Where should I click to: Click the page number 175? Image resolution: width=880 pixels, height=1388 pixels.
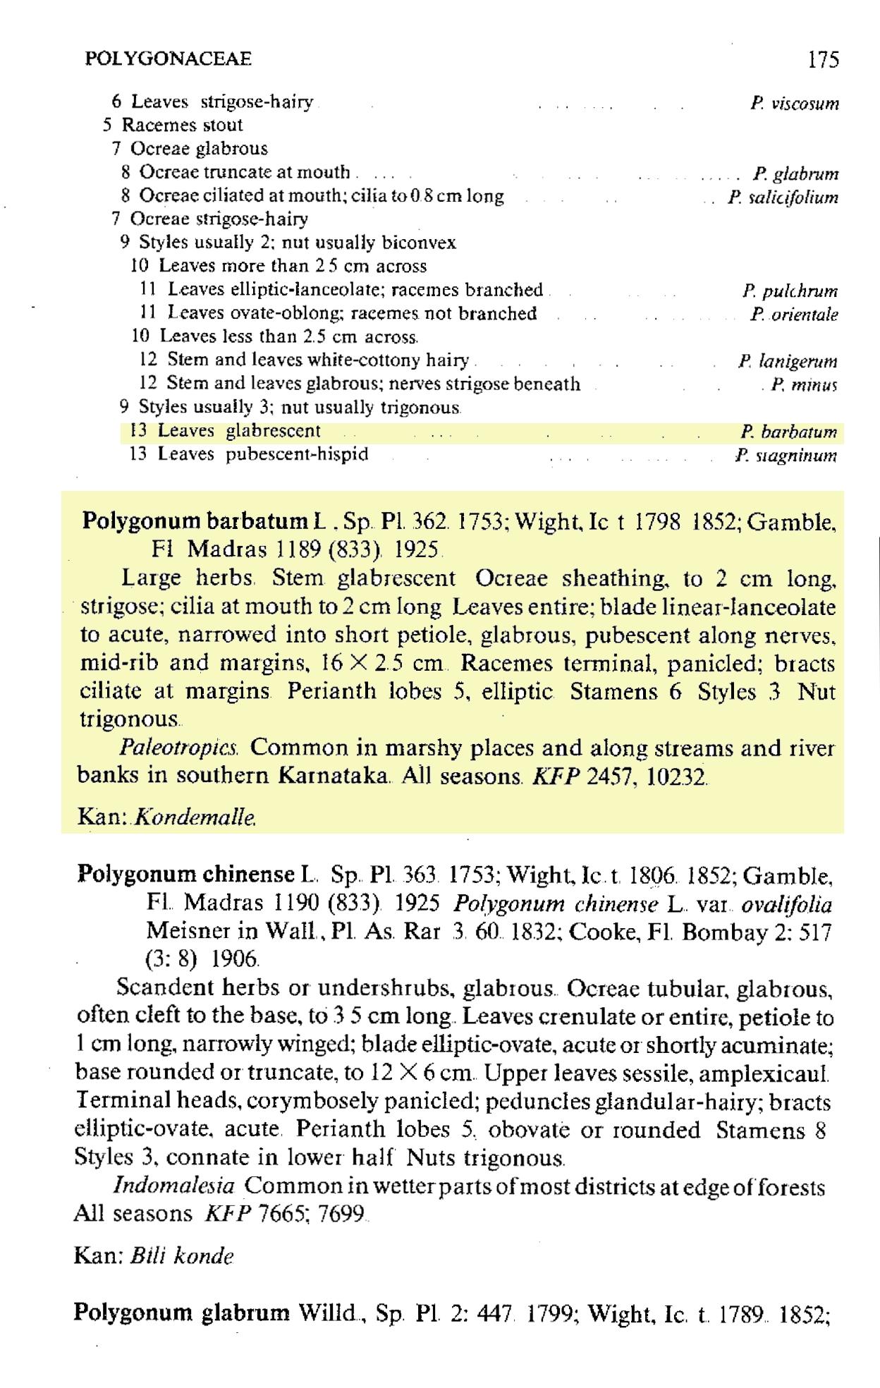824,59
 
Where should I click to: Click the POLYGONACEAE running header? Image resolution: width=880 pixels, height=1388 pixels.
168,59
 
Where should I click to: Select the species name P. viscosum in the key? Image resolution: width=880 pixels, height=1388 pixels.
794,104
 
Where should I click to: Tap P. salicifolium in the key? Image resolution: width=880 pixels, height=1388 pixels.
783,197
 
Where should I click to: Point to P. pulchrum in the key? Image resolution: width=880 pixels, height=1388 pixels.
789,291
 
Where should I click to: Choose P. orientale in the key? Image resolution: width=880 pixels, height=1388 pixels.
793,315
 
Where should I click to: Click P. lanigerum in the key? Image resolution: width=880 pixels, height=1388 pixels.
787,362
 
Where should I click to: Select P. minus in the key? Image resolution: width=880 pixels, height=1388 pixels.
803,385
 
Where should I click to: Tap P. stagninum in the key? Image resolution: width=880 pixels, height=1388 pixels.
786,455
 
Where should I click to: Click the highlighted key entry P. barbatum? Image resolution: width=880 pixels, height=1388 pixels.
788,431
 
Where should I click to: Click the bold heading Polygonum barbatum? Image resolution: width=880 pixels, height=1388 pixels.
193,522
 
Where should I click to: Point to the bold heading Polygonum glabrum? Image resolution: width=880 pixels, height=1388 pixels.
182,1313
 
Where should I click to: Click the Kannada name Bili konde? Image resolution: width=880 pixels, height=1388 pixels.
182,1256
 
